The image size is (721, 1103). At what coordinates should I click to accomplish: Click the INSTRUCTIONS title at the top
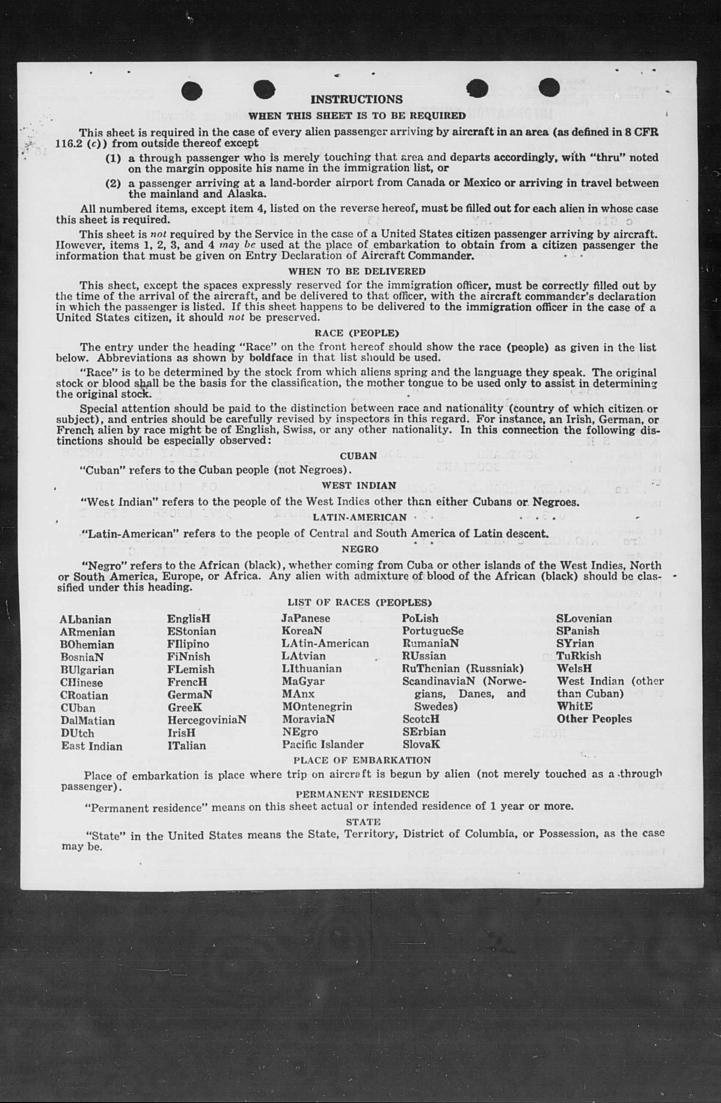click(x=356, y=100)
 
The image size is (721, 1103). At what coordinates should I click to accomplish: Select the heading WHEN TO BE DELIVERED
click(x=356, y=271)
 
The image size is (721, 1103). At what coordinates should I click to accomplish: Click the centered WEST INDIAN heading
click(x=359, y=485)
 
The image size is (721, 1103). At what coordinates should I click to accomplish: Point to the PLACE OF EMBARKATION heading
click(x=362, y=760)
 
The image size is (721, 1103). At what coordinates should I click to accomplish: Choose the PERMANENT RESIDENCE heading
click(x=362, y=794)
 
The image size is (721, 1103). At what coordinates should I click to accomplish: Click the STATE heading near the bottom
click(x=363, y=822)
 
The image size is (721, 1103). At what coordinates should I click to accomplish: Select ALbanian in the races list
click(x=85, y=620)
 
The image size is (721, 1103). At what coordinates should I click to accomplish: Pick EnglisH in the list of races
click(x=189, y=619)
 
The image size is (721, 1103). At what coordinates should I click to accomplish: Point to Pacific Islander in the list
click(x=323, y=744)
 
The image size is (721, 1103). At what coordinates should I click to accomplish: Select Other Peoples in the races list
click(x=594, y=719)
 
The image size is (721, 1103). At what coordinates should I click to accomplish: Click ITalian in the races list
click(x=187, y=745)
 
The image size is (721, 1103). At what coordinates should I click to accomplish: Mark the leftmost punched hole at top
click(x=191, y=90)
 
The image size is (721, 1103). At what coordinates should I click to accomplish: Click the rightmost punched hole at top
click(x=549, y=88)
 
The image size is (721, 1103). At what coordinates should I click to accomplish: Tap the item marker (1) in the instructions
click(x=113, y=158)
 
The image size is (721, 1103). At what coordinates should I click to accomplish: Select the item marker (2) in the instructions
click(x=113, y=184)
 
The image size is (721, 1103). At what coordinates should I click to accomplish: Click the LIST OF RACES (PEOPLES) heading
click(x=359, y=603)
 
